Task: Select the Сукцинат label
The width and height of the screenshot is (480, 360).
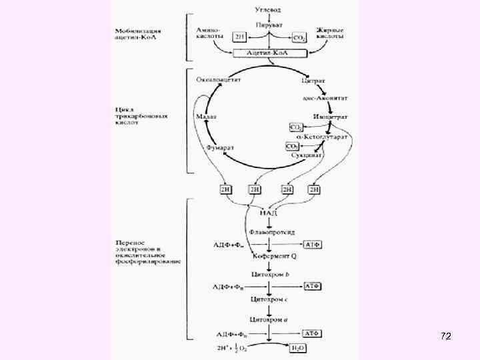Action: tap(307, 155)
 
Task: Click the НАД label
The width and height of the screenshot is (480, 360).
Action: tap(269, 213)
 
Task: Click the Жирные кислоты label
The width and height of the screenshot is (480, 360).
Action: tap(330, 33)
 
